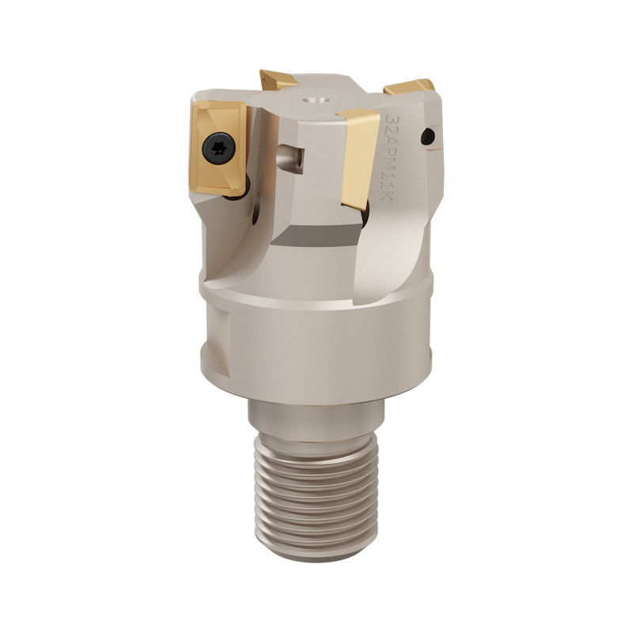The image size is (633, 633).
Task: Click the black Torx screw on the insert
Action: (x=216, y=147)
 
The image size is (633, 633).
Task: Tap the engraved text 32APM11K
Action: (x=396, y=159)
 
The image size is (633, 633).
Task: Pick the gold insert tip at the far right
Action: (x=411, y=86)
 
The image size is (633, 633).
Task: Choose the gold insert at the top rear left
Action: (x=279, y=80)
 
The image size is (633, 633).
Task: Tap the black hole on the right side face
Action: (x=428, y=137)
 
